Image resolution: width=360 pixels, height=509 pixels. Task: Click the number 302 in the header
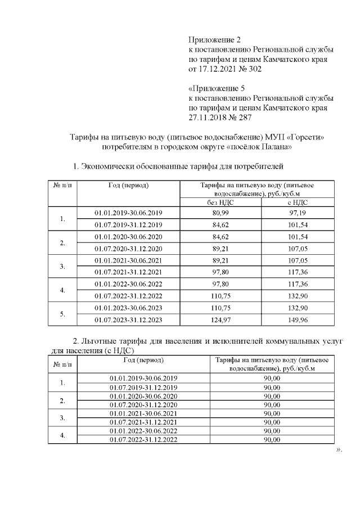[254, 70]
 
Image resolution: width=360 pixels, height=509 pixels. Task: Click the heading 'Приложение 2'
[214, 39]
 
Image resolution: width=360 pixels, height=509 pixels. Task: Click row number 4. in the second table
[62, 435]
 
